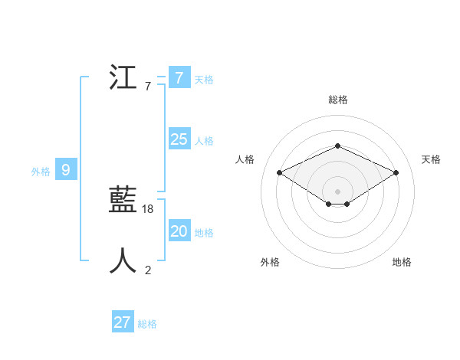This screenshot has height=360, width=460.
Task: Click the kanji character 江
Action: pyautogui.click(x=123, y=78)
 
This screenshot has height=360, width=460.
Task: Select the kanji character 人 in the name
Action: pyautogui.click(x=123, y=261)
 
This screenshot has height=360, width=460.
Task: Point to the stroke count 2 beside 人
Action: pyautogui.click(x=148, y=270)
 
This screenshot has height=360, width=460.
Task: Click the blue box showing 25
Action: pyautogui.click(x=179, y=139)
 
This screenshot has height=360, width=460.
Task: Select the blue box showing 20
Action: pyautogui.click(x=179, y=231)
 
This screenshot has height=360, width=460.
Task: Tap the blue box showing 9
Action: pyautogui.click(x=66, y=170)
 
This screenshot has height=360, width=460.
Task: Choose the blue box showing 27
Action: pyautogui.click(x=123, y=322)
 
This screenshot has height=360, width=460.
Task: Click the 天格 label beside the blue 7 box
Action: pyautogui.click(x=204, y=80)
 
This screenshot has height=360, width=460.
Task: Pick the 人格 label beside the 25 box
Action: pyautogui.click(x=204, y=141)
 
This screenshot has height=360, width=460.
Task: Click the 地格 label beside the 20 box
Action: pyautogui.click(x=204, y=233)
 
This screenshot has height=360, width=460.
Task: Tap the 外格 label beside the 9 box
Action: pyautogui.click(x=41, y=172)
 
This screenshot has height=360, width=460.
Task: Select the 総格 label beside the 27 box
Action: pyautogui.click(x=147, y=324)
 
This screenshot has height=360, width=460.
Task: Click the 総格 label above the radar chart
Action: pyautogui.click(x=338, y=100)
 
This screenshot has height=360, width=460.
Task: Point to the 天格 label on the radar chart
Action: pyautogui.click(x=432, y=159)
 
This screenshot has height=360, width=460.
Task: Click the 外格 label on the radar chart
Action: pyautogui.click(x=270, y=262)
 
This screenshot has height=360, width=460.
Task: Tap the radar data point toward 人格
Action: pyautogui.click(x=280, y=173)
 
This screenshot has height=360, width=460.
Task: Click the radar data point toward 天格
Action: pyautogui.click(x=396, y=173)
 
